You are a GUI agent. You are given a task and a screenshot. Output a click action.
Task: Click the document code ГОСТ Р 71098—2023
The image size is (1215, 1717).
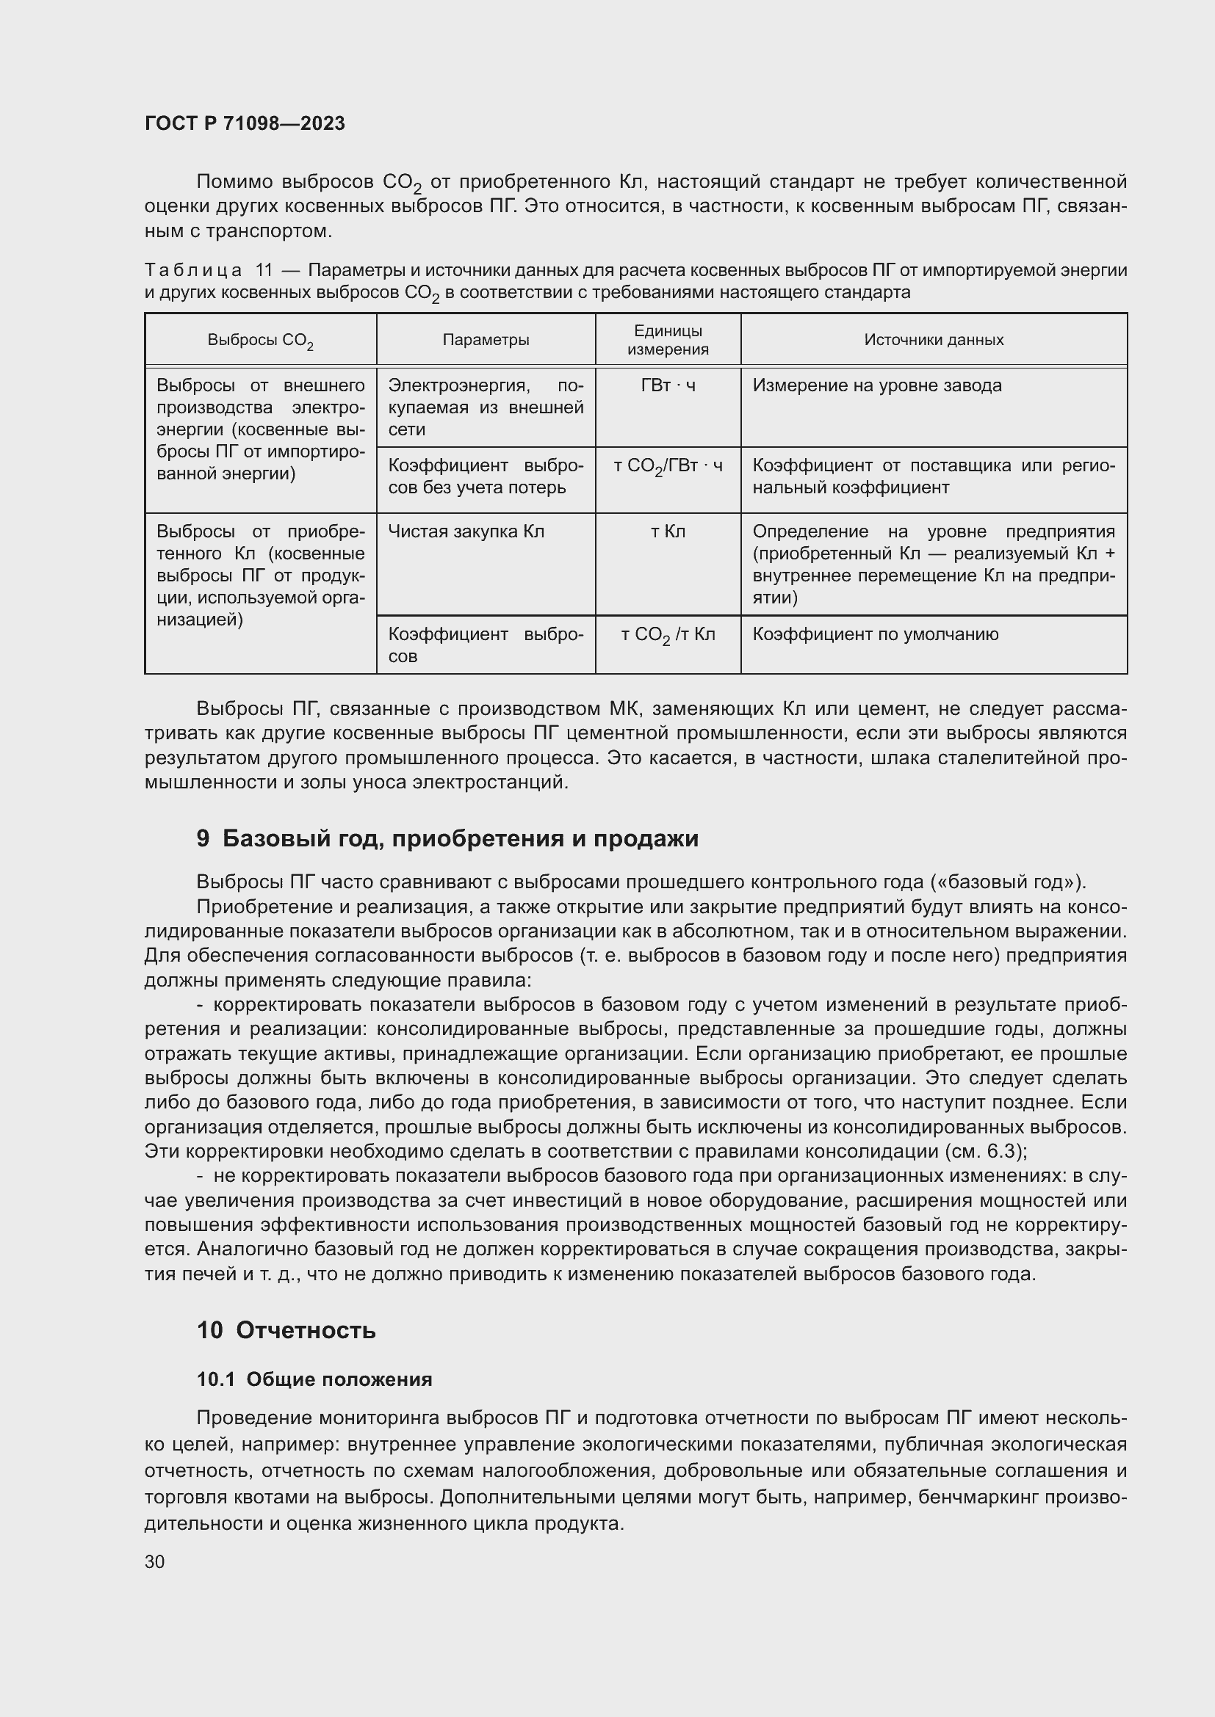pos(245,123)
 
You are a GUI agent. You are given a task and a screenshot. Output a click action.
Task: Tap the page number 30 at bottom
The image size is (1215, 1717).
pos(155,1561)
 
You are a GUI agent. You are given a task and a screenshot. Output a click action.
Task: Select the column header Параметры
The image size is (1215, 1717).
pos(486,340)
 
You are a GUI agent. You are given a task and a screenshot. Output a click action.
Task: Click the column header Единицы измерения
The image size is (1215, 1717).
pos(667,340)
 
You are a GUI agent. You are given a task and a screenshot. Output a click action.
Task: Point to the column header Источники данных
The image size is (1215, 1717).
pos(933,340)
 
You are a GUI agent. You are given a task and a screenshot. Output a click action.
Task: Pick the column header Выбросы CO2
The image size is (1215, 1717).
pos(259,341)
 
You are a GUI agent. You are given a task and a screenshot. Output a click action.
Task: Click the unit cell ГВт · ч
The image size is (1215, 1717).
pos(667,386)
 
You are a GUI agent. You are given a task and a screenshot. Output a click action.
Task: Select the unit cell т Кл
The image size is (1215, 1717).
pos(667,531)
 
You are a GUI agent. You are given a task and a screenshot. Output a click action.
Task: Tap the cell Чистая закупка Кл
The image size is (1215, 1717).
pos(466,531)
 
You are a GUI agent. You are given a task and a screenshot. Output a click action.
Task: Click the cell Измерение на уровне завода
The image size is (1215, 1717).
pos(877,386)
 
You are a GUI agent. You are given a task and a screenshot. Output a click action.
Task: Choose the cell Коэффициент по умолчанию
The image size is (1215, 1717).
pos(876,634)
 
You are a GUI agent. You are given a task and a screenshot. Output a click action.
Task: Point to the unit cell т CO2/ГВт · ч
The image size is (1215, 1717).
pos(667,467)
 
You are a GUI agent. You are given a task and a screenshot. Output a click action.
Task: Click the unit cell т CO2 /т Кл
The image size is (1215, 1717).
pos(667,635)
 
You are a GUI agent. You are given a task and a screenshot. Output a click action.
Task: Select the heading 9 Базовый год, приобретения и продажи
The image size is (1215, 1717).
pos(447,838)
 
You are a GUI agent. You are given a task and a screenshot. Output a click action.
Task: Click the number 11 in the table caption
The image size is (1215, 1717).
pos(264,270)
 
